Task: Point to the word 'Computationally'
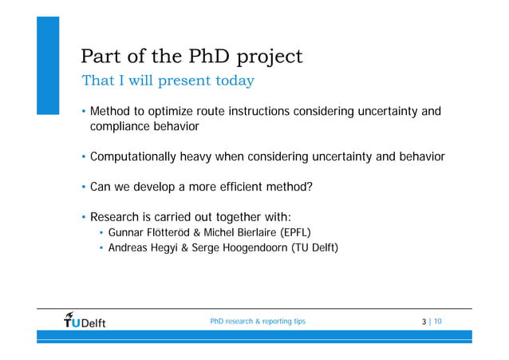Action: [x=140, y=157]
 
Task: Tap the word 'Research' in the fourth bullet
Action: [x=117, y=218]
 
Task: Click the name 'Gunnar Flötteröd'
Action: [x=152, y=233]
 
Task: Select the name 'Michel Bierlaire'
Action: [x=244, y=233]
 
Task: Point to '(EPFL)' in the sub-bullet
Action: [x=294, y=233]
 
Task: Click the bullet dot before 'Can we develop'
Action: [x=82, y=188]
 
